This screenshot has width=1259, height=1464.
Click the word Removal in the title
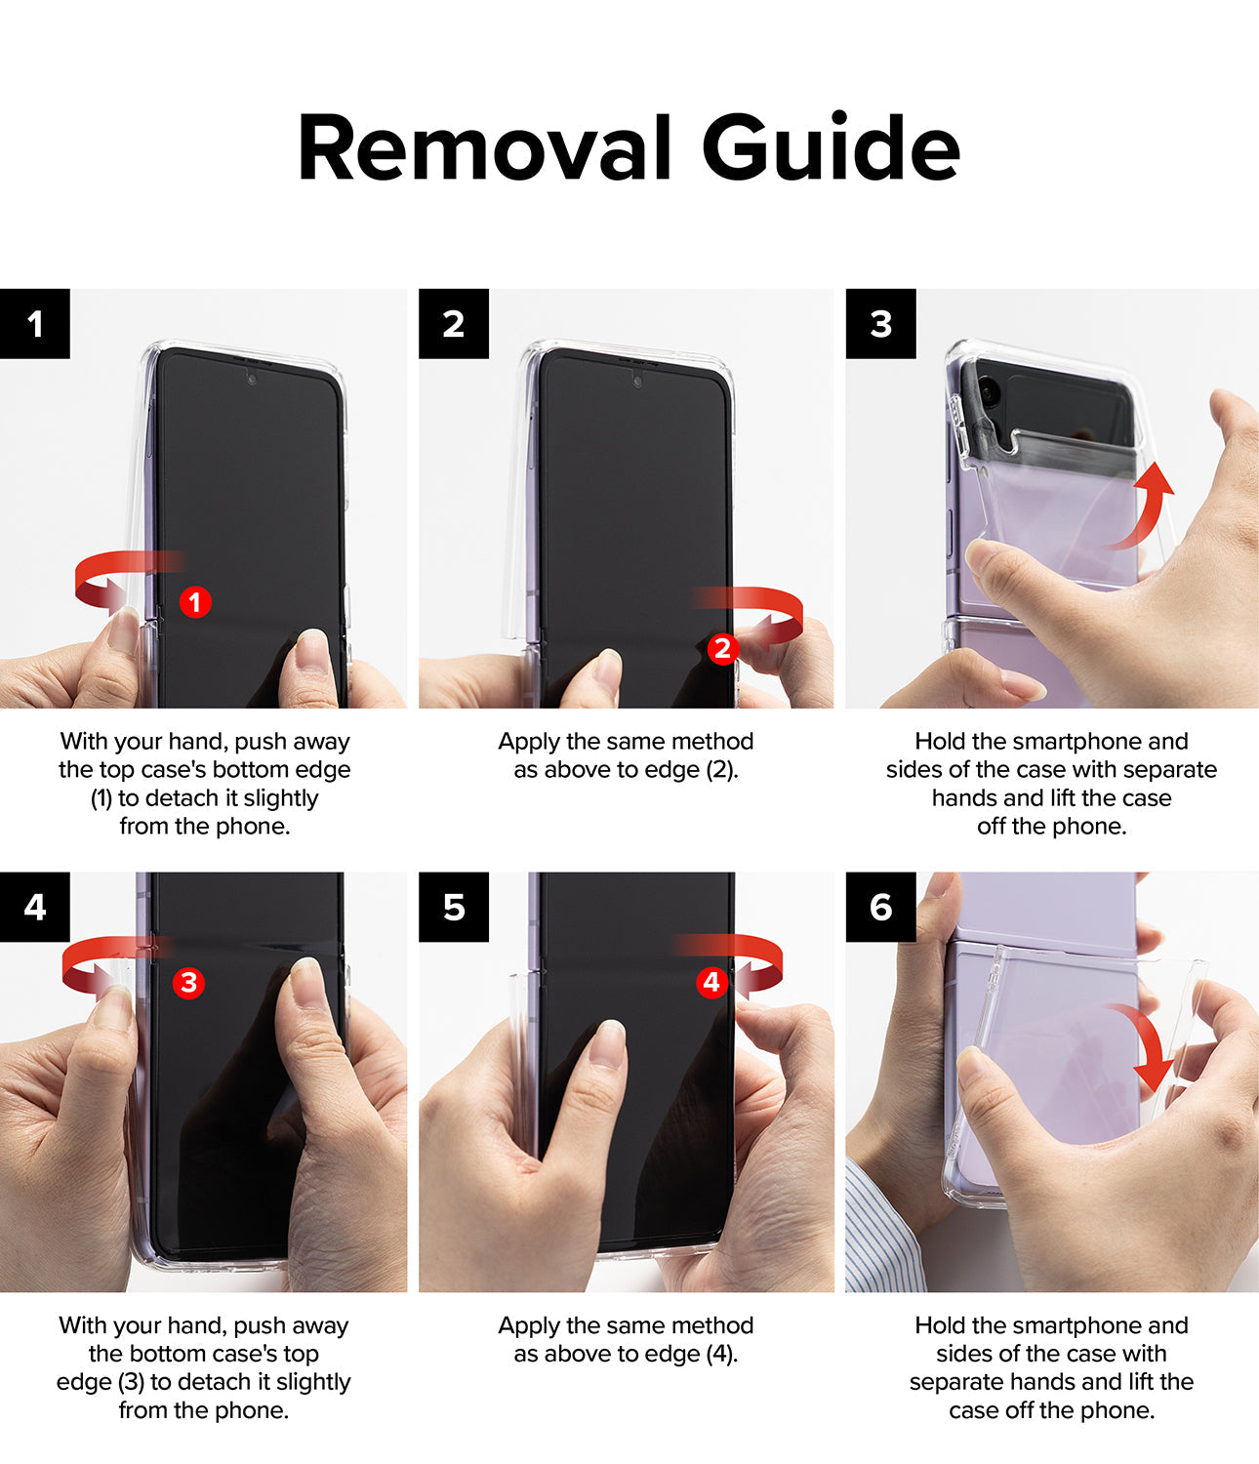pyautogui.click(x=484, y=148)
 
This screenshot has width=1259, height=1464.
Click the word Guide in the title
pyautogui.click(x=831, y=146)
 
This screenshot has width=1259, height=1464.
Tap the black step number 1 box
pyautogui.click(x=35, y=323)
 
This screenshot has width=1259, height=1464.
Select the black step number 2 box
pyautogui.click(x=453, y=323)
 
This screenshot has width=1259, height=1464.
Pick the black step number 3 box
pyautogui.click(x=880, y=323)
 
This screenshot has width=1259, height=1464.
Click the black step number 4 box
pyautogui.click(x=35, y=907)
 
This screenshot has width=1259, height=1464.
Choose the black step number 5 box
pyautogui.click(x=453, y=907)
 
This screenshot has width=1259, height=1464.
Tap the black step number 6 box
pyautogui.click(x=880, y=907)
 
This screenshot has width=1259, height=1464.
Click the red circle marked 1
pyautogui.click(x=195, y=602)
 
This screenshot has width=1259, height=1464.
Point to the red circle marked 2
pyautogui.click(x=722, y=648)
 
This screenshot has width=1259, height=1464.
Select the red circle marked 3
pyautogui.click(x=188, y=983)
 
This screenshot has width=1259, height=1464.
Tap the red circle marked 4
pyautogui.click(x=711, y=982)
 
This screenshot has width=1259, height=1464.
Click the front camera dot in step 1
pyautogui.click(x=251, y=379)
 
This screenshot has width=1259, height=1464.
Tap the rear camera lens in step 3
pyautogui.click(x=987, y=391)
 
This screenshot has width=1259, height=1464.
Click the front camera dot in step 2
pyautogui.click(x=637, y=382)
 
